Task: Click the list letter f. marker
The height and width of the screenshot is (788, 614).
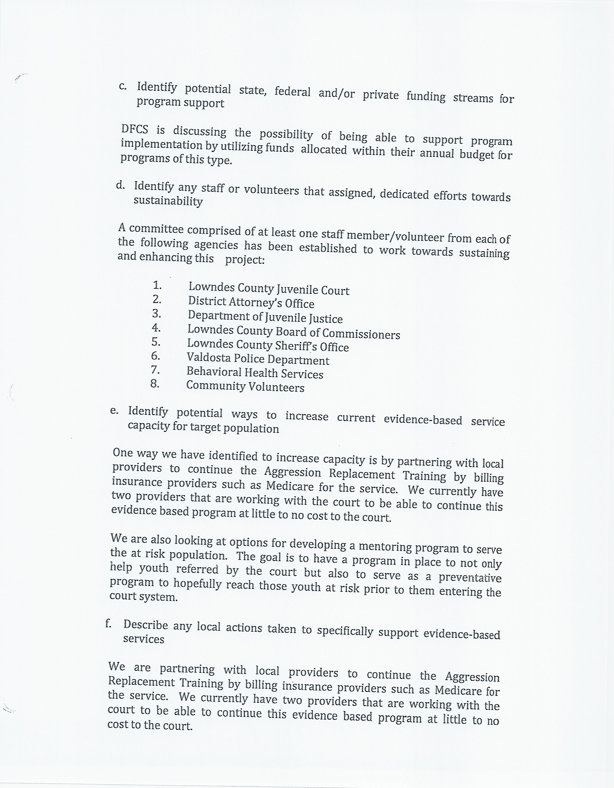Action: pyautogui.click(x=108, y=623)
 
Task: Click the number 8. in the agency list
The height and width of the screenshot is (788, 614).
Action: pyautogui.click(x=155, y=384)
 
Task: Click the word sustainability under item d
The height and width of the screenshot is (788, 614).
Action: pyautogui.click(x=168, y=201)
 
